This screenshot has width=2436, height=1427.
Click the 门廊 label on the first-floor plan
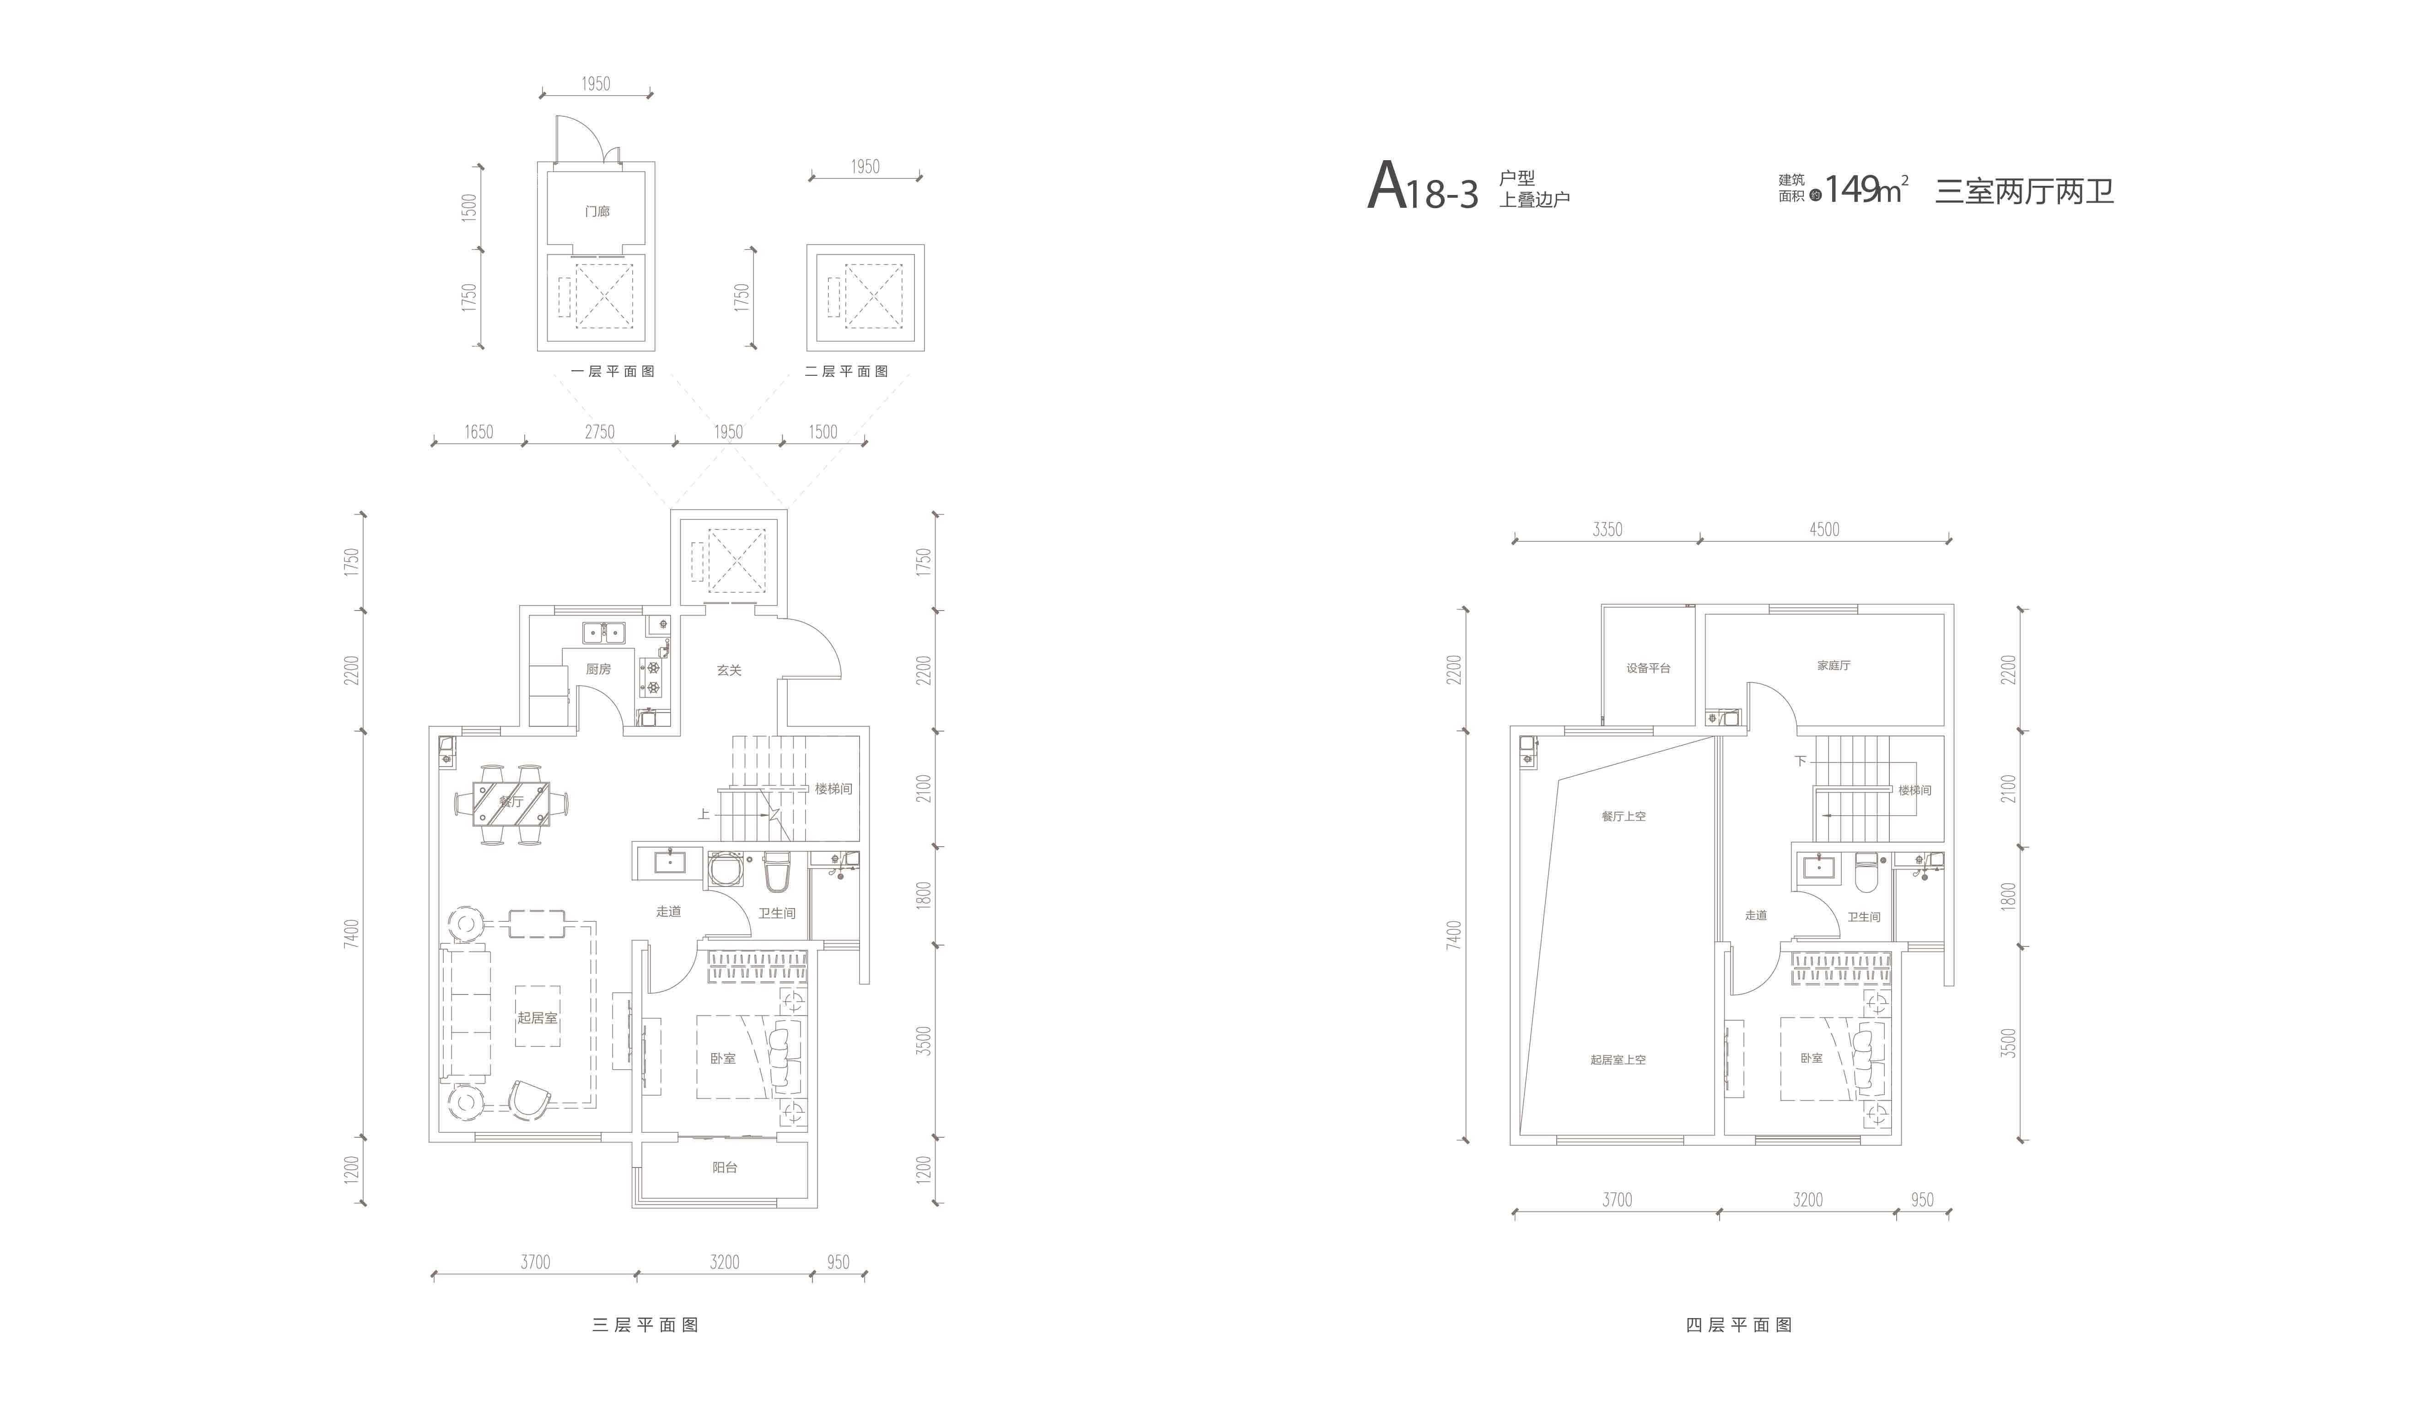click(x=597, y=211)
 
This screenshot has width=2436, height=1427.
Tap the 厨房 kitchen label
click(x=598, y=669)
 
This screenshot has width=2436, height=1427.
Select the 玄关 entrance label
click(x=729, y=670)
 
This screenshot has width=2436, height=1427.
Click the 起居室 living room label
click(x=538, y=1018)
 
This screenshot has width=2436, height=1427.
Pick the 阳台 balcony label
click(x=725, y=1167)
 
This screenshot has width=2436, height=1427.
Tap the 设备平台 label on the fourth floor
click(x=1648, y=668)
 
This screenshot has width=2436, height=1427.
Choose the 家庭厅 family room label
click(x=1834, y=665)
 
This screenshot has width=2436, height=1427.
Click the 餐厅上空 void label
click(x=1623, y=816)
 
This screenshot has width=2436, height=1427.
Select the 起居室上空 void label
click(x=1618, y=1059)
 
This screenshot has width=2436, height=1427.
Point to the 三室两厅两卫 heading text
click(x=2024, y=191)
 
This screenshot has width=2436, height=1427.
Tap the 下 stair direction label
click(x=1800, y=761)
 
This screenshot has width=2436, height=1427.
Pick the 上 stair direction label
click(x=704, y=814)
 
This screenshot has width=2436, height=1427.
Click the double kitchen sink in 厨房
click(x=603, y=632)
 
